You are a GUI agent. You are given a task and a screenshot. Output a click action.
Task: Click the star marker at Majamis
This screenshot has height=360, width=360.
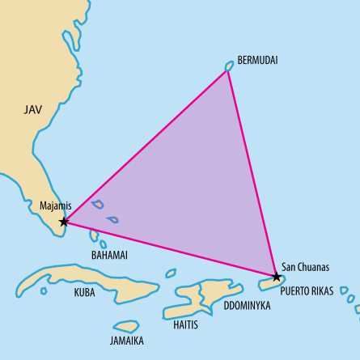pos(64,221)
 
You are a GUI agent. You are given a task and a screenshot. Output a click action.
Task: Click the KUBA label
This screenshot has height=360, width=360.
pos(84,291)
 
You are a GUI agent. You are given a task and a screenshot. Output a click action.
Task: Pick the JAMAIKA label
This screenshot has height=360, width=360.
pos(126,341)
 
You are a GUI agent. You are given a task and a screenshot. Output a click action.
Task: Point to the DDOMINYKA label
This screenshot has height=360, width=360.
pos(248,307)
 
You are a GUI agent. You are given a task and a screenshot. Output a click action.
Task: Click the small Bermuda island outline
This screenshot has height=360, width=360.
pos(229,66)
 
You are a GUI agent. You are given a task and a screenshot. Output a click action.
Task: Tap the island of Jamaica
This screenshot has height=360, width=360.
pos(126,326)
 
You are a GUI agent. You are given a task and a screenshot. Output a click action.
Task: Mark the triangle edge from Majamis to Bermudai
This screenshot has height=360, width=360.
pos(146,145)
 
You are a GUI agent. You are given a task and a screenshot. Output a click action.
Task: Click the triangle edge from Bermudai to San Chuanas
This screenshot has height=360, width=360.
pos(252,172)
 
